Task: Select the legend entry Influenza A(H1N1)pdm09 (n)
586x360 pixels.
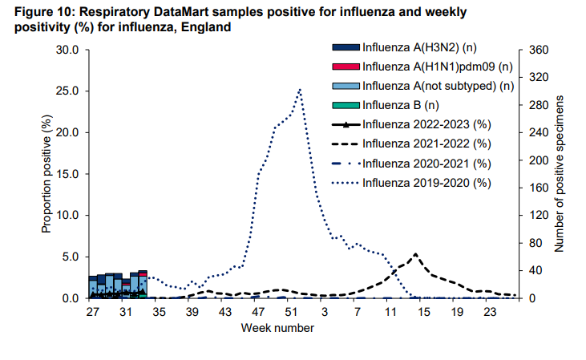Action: tap(436, 67)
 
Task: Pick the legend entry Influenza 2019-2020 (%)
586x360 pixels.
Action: tap(426, 183)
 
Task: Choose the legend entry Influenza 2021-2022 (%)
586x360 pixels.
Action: tap(426, 144)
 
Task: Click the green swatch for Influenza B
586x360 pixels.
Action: tap(346, 105)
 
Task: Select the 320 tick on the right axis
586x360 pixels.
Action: tap(537, 78)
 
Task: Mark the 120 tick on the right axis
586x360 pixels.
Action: tap(537, 216)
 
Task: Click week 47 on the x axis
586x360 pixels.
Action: tap(258, 311)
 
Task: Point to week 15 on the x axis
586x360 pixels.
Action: tap(424, 311)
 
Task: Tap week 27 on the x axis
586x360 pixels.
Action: tap(93, 311)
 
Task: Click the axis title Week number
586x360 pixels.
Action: tap(274, 328)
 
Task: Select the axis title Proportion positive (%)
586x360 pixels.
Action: tap(46, 174)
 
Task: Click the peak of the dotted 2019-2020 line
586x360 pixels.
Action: tap(300, 89)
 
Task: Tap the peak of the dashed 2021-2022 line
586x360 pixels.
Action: tap(415, 254)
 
